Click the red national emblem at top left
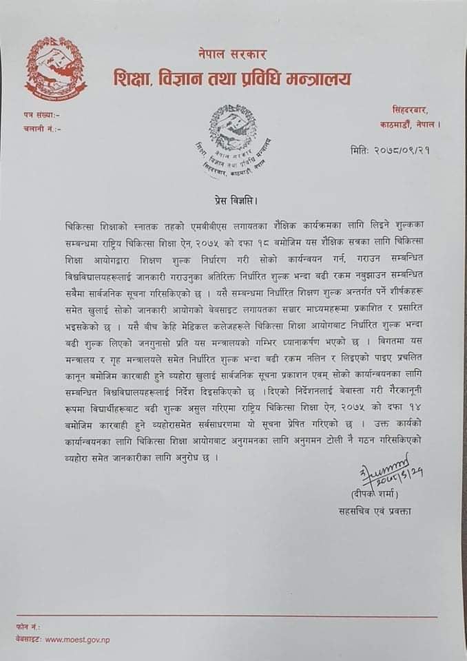56,69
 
